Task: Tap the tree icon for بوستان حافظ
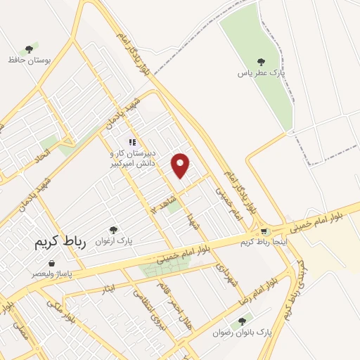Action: pos(29,49)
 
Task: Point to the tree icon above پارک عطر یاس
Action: pos(261,62)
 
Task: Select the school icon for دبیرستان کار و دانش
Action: pos(131,141)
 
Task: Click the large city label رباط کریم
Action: pos(60,243)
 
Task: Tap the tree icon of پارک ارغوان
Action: pos(113,229)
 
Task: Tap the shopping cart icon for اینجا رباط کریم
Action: pos(264,231)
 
